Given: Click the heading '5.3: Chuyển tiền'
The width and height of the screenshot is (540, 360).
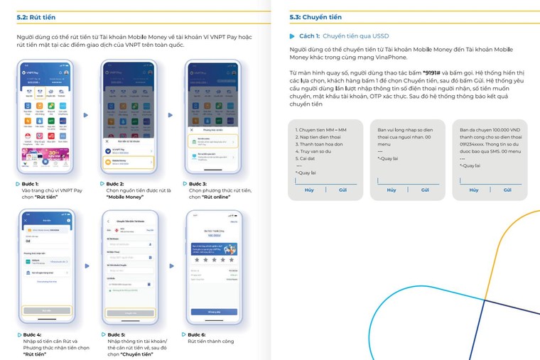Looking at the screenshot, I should [x=315, y=17].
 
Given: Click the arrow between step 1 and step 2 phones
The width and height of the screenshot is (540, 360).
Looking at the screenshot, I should [x=87, y=115].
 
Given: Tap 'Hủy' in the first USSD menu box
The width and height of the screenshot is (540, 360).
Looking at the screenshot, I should [x=309, y=190].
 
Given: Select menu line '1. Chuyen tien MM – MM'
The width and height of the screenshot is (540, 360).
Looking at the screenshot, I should [x=321, y=131].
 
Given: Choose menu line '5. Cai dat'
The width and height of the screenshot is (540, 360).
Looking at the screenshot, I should [x=306, y=158].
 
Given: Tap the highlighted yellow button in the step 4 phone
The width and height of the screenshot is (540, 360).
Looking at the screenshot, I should [x=46, y=311].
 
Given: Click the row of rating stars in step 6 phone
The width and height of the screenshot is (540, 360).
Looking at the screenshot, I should [x=212, y=260].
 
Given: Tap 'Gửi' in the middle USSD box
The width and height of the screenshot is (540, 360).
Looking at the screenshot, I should [x=425, y=190].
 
